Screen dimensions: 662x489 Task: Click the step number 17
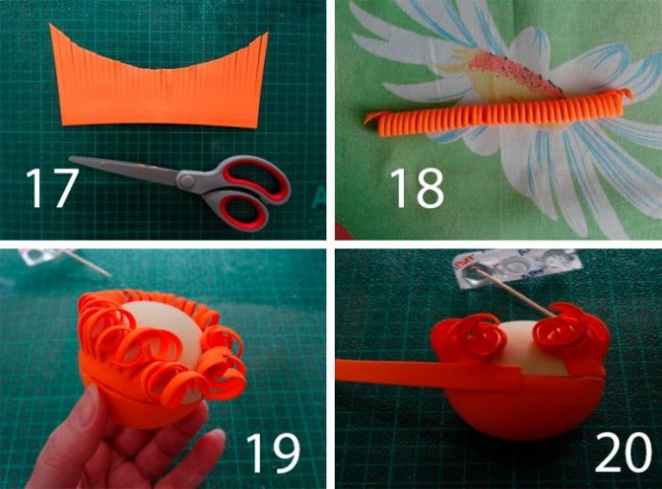click(52, 187)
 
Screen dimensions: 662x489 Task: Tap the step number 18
click(416, 187)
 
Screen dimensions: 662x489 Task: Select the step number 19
click(273, 453)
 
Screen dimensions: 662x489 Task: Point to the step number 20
click(624, 453)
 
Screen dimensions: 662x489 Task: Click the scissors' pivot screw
click(186, 180)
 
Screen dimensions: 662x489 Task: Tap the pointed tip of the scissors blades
click(70, 158)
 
